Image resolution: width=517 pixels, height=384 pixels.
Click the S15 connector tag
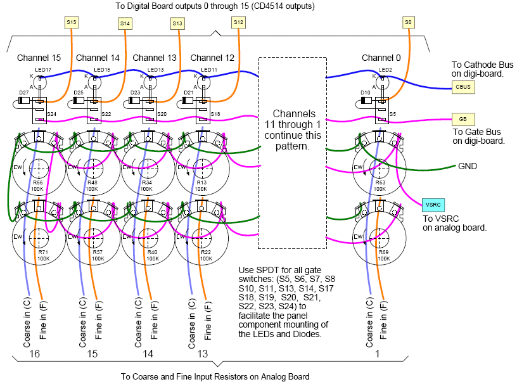pyautogui.click(x=72, y=22)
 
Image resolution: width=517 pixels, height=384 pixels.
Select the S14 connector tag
pyautogui.click(x=125, y=23)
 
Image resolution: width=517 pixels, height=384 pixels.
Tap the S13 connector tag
pyautogui.click(x=177, y=23)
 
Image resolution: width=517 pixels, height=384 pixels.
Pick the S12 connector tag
pyautogui.click(x=238, y=22)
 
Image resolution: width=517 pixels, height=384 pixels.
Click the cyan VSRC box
pyautogui.click(x=433, y=205)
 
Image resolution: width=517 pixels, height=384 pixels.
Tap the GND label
pyautogui.click(x=468, y=167)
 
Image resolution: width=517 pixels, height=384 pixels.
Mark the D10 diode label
pyautogui.click(x=366, y=93)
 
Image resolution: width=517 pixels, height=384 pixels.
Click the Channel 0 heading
pyautogui.click(x=381, y=58)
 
